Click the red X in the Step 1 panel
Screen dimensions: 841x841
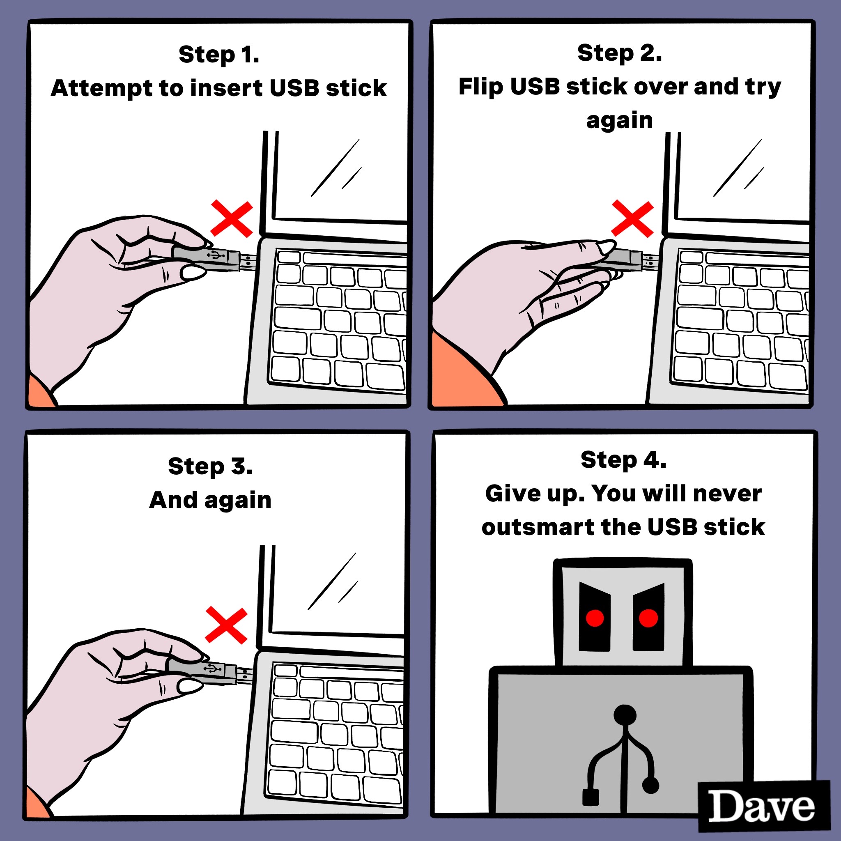232,219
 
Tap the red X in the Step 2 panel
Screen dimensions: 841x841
632,219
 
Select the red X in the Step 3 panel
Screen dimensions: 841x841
226,625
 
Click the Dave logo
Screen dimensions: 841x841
762,807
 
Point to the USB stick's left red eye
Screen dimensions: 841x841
595,618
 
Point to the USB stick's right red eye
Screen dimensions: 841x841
648,618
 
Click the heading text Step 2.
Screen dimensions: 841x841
619,53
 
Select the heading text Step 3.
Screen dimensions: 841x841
210,466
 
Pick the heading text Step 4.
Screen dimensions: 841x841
623,460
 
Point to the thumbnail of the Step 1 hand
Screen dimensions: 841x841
193,273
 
